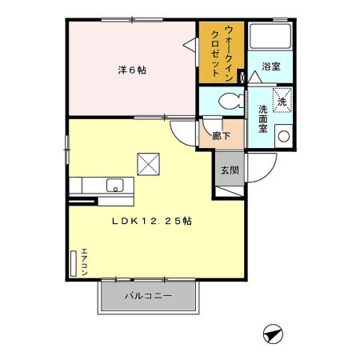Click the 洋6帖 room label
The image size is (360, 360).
(x=132, y=70)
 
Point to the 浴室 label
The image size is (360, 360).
(x=270, y=67)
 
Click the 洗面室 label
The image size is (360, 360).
(x=262, y=118)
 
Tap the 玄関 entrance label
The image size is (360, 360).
(x=229, y=170)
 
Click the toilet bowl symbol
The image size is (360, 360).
(x=230, y=101)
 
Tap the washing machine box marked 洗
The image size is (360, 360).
(x=282, y=100)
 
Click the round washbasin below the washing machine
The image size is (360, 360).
(x=282, y=135)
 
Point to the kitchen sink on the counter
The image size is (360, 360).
(x=114, y=186)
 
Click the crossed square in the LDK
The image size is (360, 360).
(x=148, y=163)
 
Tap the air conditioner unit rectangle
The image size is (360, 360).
(x=74, y=263)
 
